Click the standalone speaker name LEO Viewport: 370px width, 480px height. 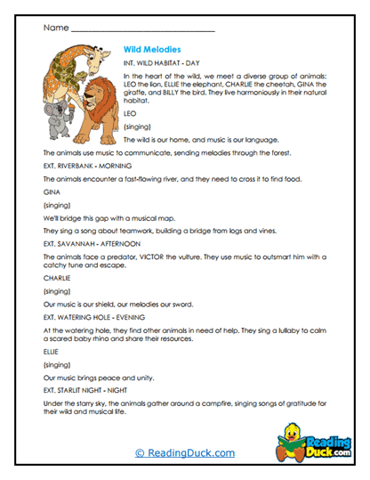coord(130,114)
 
